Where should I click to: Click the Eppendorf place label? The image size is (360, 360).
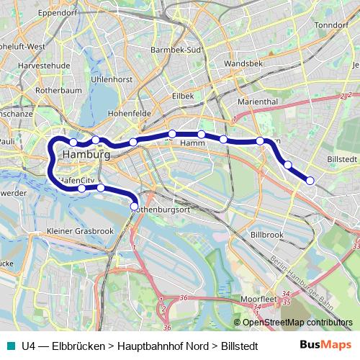coord(58,12)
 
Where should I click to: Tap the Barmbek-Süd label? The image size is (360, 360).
coord(174,50)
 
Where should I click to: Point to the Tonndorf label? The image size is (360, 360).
coord(331,24)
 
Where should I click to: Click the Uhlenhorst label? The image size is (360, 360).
coord(112,78)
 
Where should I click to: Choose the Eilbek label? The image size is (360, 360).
coord(183,95)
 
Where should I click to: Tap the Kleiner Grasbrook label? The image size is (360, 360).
coord(80,231)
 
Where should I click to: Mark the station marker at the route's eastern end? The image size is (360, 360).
coord(310,180)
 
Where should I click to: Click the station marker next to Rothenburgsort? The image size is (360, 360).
coord(134,206)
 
